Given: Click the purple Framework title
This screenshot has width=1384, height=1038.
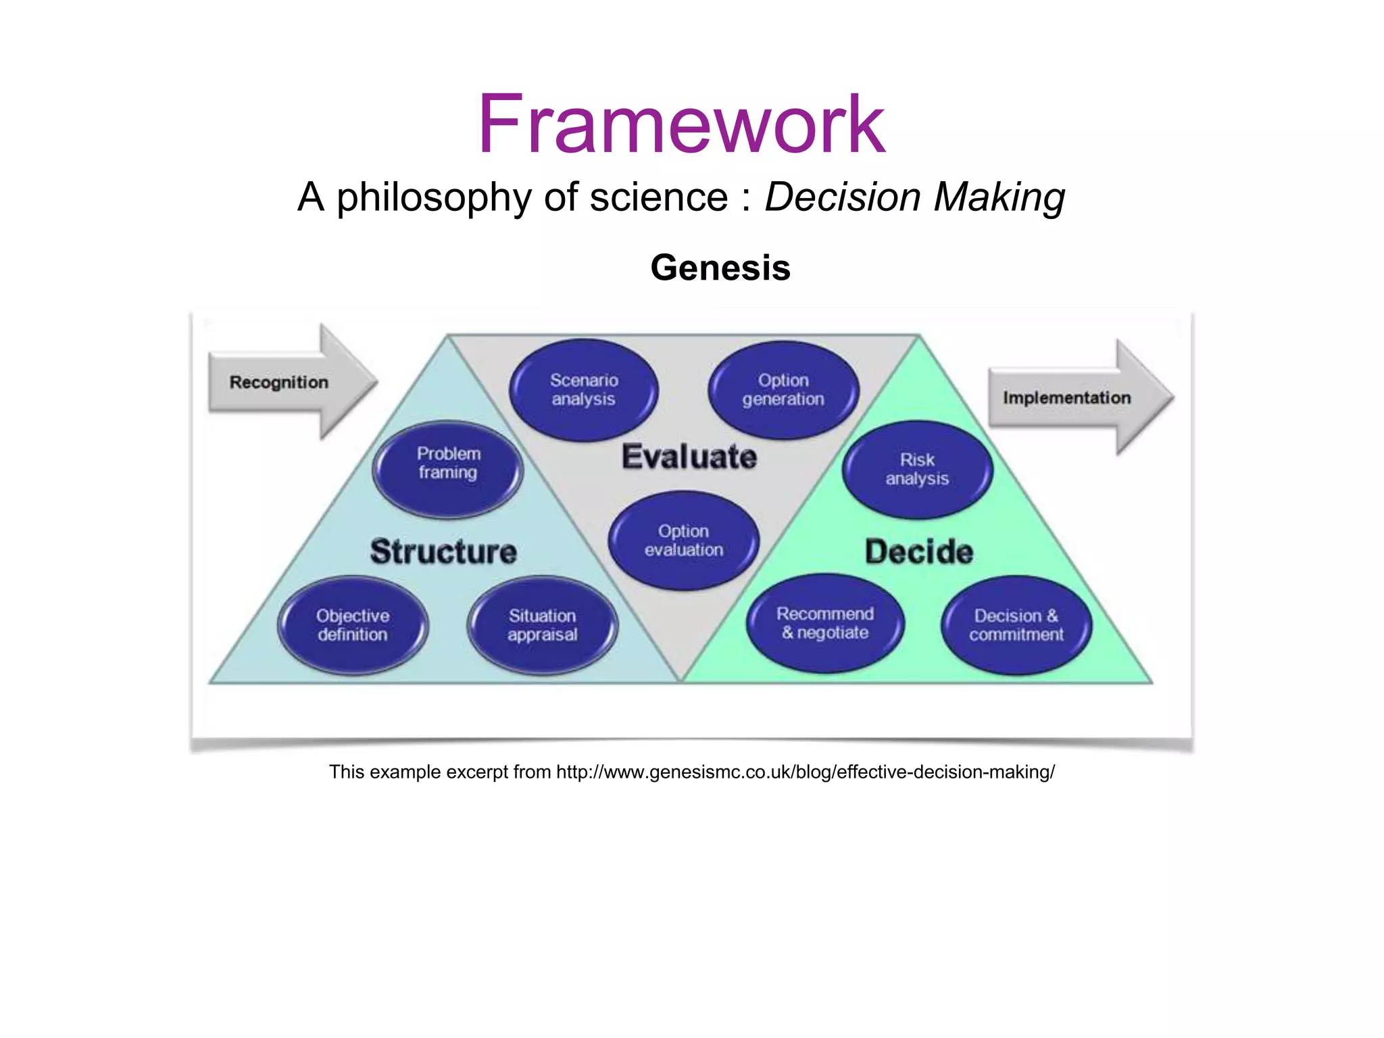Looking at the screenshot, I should [x=681, y=126].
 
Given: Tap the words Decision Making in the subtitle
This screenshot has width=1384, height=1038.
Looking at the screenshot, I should [x=914, y=197].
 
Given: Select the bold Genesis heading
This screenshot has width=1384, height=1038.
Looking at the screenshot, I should [x=720, y=268].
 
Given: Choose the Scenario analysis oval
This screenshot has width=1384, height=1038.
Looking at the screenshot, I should [x=583, y=390].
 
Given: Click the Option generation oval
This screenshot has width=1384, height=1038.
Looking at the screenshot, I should [x=783, y=390].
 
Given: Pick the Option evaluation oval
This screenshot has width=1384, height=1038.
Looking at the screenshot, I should [x=683, y=541].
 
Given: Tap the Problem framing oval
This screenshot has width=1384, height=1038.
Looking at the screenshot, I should [x=448, y=469].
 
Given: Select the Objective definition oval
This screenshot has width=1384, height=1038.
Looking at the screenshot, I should [x=353, y=625].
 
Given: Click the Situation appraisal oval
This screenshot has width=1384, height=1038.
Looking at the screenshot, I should [x=542, y=625].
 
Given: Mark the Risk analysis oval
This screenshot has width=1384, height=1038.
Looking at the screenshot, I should [x=917, y=470].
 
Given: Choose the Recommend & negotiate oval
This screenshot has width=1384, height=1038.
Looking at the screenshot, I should [x=824, y=623].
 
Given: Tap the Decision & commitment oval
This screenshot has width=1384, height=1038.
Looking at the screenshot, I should [x=1016, y=625].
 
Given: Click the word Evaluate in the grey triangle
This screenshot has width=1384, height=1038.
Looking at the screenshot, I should [x=689, y=457].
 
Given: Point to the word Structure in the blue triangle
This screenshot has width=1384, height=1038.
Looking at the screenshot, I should [x=443, y=551].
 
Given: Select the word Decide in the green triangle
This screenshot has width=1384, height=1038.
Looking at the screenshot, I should [x=918, y=551].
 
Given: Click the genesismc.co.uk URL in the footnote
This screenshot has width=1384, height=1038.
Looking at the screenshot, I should [x=804, y=772].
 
